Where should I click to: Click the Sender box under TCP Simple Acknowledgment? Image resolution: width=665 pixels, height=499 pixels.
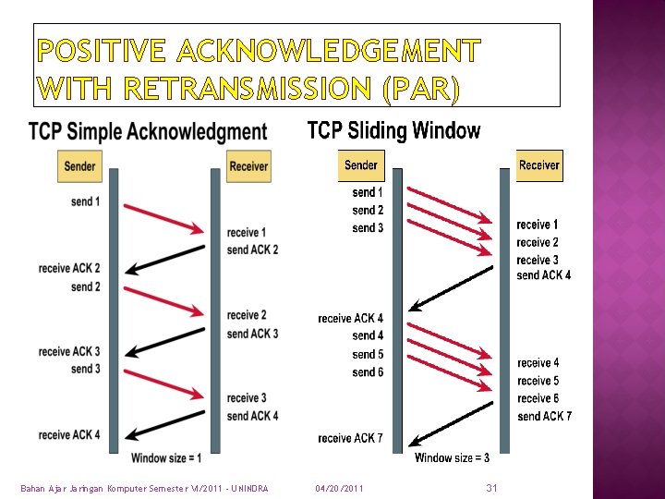click(x=80, y=166)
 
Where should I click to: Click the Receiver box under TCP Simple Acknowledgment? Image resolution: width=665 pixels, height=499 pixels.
click(x=248, y=166)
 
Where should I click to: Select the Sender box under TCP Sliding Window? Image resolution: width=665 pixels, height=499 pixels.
click(x=361, y=165)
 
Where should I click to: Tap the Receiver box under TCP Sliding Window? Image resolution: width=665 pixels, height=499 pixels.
click(x=538, y=165)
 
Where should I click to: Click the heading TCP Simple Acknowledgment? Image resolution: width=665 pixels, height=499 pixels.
click(x=148, y=132)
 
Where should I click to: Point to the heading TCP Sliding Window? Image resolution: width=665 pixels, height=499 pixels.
click(x=393, y=130)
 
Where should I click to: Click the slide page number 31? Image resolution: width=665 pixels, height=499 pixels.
click(x=491, y=487)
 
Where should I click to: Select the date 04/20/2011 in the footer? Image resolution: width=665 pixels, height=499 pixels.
click(x=339, y=488)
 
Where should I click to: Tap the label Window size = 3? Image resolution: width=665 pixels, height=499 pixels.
click(x=453, y=457)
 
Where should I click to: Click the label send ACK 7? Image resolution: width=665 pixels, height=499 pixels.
click(x=544, y=417)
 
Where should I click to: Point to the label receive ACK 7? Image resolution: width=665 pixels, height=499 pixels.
click(x=350, y=438)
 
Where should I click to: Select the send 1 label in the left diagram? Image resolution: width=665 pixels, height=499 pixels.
click(x=85, y=201)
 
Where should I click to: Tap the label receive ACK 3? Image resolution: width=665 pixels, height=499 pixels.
click(x=69, y=351)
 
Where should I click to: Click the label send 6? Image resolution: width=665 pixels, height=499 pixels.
click(x=368, y=372)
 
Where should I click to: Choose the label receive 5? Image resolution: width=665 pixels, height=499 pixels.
click(x=538, y=381)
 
